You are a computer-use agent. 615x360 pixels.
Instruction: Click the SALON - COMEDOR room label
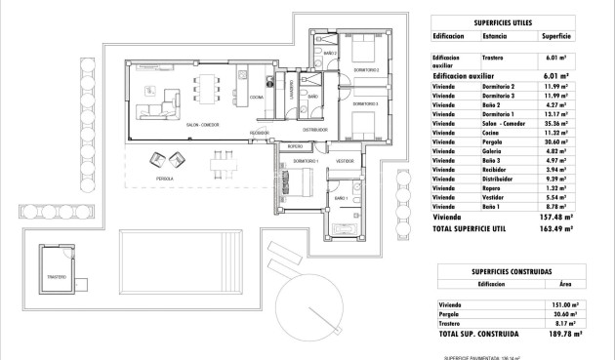pos(202,125)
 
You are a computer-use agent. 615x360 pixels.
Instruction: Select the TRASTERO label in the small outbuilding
pos(57,276)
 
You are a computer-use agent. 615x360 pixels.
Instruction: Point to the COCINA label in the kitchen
pos(257,98)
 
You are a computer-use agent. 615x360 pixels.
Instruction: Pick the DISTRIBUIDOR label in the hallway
pos(313,129)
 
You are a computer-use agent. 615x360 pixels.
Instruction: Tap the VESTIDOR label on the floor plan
pos(344,161)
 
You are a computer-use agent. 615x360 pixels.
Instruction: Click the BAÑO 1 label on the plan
pos(341,198)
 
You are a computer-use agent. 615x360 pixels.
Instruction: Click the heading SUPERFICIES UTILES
pos(502,20)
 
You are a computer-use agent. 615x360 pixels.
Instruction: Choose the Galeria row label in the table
pos(494,152)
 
